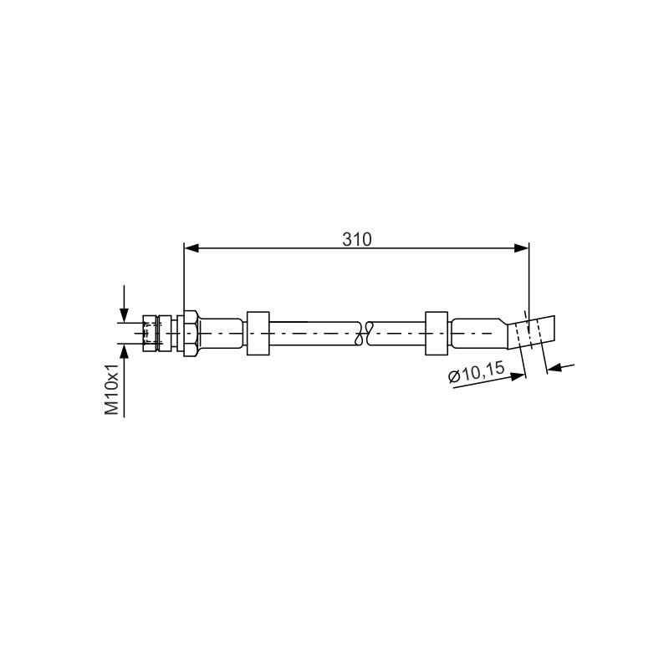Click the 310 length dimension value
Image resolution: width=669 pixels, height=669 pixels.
[357, 240]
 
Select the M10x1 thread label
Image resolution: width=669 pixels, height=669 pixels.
[112, 390]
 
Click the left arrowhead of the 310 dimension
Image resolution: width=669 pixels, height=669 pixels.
[192, 248]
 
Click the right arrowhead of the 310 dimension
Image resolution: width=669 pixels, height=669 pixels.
[521, 248]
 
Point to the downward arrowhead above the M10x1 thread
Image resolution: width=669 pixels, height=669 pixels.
[124, 315]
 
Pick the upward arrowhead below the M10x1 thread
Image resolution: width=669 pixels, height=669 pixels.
[124, 350]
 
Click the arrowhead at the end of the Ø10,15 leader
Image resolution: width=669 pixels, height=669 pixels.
[518, 376]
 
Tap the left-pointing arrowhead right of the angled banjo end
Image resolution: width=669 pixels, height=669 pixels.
[554, 367]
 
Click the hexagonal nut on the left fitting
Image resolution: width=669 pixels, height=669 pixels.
[191, 333]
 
